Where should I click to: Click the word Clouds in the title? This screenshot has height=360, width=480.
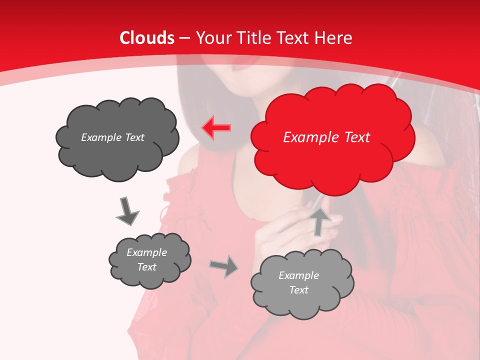click(x=147, y=38)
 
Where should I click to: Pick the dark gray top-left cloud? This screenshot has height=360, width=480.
click(x=117, y=137)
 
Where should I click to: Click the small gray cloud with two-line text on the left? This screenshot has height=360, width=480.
click(x=149, y=260)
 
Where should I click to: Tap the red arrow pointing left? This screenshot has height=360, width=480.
click(x=216, y=128)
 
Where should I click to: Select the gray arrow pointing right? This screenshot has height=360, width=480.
click(x=224, y=266)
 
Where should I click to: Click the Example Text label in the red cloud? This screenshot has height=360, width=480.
click(x=326, y=137)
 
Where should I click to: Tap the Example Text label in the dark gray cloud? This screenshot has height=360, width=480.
click(x=112, y=137)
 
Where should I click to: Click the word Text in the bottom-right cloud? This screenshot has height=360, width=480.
click(x=298, y=290)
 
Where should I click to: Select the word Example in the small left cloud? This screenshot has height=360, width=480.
click(x=146, y=252)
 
